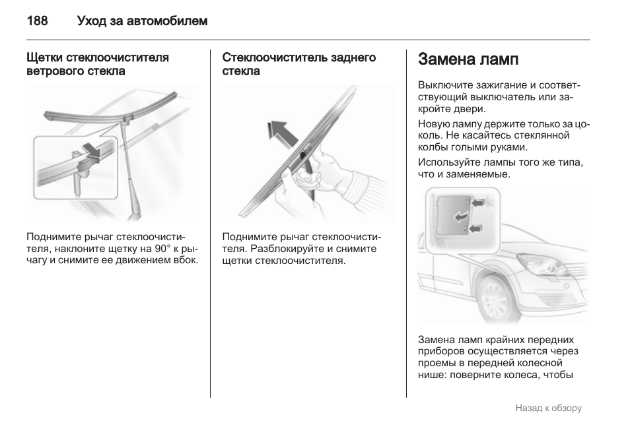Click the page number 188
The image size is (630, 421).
pyautogui.click(x=37, y=21)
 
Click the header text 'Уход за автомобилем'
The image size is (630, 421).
pyautogui.click(x=142, y=21)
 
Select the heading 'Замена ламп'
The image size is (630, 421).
pyautogui.click(x=468, y=59)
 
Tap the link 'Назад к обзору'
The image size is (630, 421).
pyautogui.click(x=548, y=408)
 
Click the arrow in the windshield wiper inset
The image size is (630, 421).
pyautogui.click(x=90, y=149)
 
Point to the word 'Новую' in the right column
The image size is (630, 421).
pyautogui.click(x=433, y=123)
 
